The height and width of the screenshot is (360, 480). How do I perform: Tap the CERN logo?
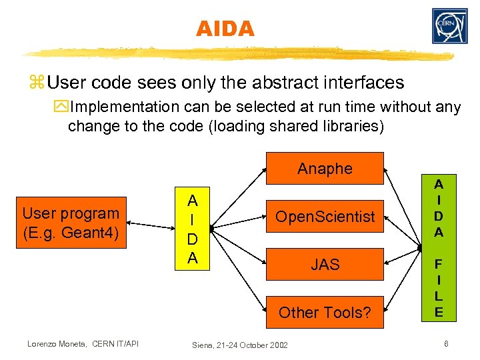pos(449,26)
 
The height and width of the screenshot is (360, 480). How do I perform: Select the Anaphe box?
pos(325,168)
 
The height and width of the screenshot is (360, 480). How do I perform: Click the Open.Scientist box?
pos(325,217)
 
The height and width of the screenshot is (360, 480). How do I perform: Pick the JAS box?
pos(325,265)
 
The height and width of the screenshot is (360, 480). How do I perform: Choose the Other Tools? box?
pos(325,312)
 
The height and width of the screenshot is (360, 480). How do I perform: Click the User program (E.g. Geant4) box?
pos(71,222)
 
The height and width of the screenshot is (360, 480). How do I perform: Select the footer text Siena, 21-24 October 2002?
pos(239,345)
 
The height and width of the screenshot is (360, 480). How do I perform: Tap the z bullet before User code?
pos(36,83)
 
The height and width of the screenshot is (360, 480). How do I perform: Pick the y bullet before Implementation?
pos(62,107)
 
